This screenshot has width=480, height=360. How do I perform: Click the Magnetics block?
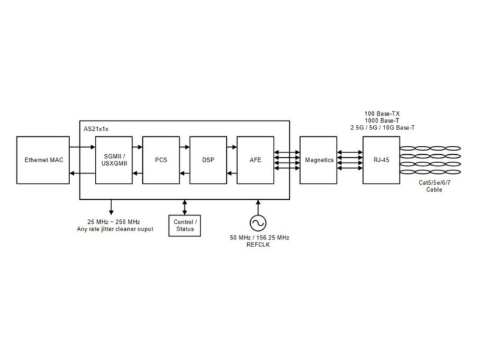point(319,160)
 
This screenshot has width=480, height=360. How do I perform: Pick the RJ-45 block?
point(379,160)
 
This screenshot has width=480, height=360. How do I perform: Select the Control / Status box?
point(184,225)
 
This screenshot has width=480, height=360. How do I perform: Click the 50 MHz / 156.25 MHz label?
point(259,238)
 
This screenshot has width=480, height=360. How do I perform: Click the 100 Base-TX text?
point(383,113)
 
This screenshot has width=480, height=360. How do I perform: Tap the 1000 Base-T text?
point(383,120)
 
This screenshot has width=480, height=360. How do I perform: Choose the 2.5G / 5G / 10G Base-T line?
point(383,127)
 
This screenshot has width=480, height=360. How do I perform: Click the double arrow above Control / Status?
point(184,206)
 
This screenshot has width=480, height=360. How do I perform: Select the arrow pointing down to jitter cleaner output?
point(110,207)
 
